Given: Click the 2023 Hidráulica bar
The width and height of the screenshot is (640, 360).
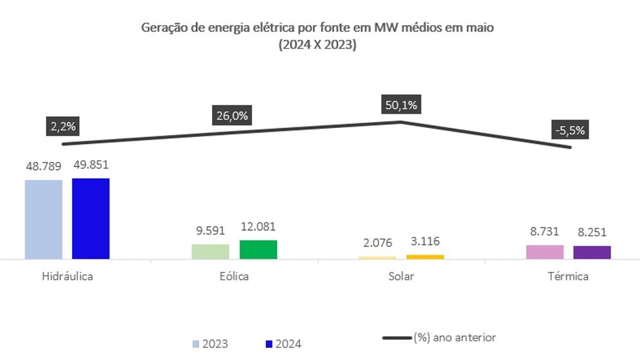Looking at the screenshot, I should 44,219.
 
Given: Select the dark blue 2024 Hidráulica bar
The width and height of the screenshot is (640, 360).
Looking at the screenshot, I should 91,219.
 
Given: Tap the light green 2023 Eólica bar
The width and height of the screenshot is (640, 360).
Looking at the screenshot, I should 210,251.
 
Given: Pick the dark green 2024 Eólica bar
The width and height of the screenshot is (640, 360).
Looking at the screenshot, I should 258,249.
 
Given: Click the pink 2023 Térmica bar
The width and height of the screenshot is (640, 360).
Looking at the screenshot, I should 544,252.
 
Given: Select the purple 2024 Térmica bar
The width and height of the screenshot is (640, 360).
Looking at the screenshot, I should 592,252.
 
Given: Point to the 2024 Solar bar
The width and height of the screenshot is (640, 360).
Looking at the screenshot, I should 425,257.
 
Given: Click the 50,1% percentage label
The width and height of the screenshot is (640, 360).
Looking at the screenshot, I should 401,104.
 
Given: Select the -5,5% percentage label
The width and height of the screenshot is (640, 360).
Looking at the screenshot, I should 569,130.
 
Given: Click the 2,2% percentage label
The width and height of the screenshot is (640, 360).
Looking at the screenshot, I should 61,126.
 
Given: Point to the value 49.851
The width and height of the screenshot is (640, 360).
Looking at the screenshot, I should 91,166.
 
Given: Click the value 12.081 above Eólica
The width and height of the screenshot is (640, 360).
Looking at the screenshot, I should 258,228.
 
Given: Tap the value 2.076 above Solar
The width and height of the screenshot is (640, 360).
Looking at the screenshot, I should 377,244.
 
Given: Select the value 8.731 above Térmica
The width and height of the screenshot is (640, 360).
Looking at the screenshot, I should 544,232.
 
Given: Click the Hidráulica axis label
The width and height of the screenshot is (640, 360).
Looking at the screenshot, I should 67,276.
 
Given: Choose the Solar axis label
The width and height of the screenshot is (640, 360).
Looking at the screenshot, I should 401,276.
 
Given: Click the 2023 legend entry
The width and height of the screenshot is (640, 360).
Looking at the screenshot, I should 210,344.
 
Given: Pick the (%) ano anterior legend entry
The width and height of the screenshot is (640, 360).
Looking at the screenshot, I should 440,337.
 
